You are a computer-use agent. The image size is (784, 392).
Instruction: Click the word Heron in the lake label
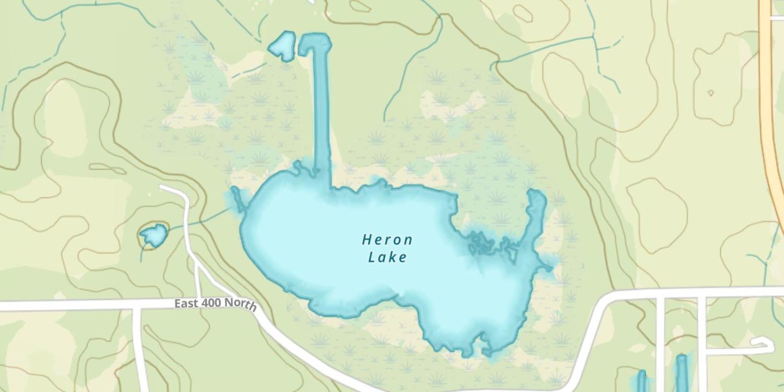coord(387,240)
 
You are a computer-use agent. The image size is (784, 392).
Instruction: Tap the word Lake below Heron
coord(387,257)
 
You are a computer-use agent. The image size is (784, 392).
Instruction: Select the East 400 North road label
coord(215,304)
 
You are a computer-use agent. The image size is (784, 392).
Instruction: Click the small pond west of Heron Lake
coord(153,236)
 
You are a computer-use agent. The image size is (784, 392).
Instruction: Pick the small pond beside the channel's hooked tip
coord(282,47)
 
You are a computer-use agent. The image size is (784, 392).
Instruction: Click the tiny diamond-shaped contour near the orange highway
coord(710,93)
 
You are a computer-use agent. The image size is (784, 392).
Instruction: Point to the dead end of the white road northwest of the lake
coord(163,187)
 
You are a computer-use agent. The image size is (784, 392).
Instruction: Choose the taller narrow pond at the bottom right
coord(681,372)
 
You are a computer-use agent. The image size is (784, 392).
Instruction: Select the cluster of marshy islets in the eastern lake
coord(489,244)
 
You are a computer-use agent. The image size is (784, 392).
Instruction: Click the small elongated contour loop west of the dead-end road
coord(107,168)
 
